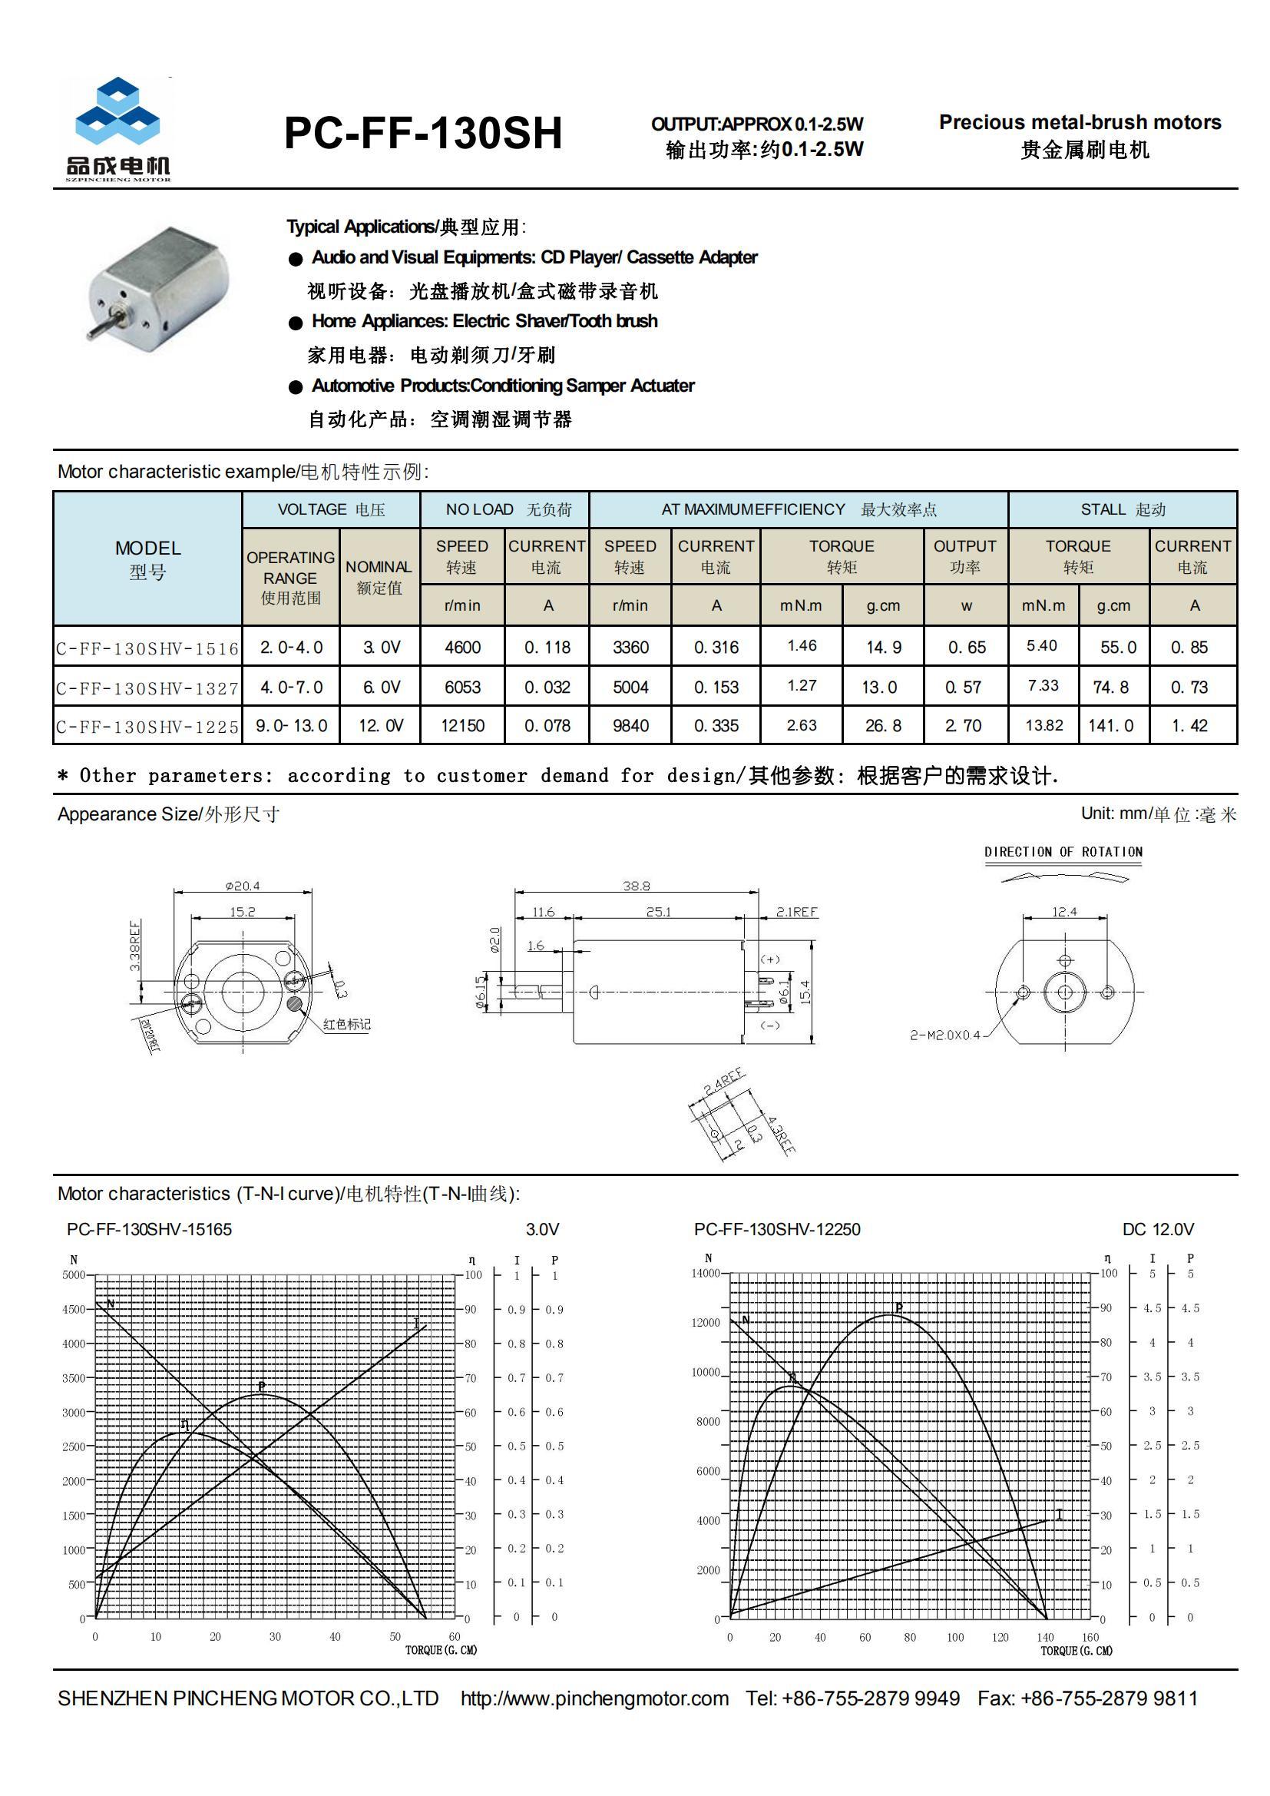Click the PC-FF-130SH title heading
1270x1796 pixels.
pyautogui.click(x=423, y=133)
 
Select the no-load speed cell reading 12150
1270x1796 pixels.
pyautogui.click(x=462, y=726)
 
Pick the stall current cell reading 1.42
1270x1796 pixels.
pyautogui.click(x=1189, y=726)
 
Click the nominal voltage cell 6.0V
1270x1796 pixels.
pyautogui.click(x=381, y=687)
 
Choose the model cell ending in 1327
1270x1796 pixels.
pyautogui.click(x=147, y=688)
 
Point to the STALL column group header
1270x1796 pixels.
pyautogui.click(x=1123, y=510)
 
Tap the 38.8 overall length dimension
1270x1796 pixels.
pyautogui.click(x=636, y=886)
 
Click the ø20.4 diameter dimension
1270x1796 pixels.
pyautogui.click(x=243, y=886)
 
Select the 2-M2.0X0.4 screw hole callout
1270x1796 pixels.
pyautogui.click(x=944, y=1035)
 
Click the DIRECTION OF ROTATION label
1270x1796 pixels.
pyautogui.click(x=1063, y=852)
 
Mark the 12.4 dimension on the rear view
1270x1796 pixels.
pyautogui.click(x=1063, y=911)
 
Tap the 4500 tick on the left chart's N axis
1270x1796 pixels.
pyautogui.click(x=74, y=1309)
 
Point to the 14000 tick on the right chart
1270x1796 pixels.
pyautogui.click(x=705, y=1273)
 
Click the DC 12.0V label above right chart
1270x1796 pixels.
pyautogui.click(x=1157, y=1229)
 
